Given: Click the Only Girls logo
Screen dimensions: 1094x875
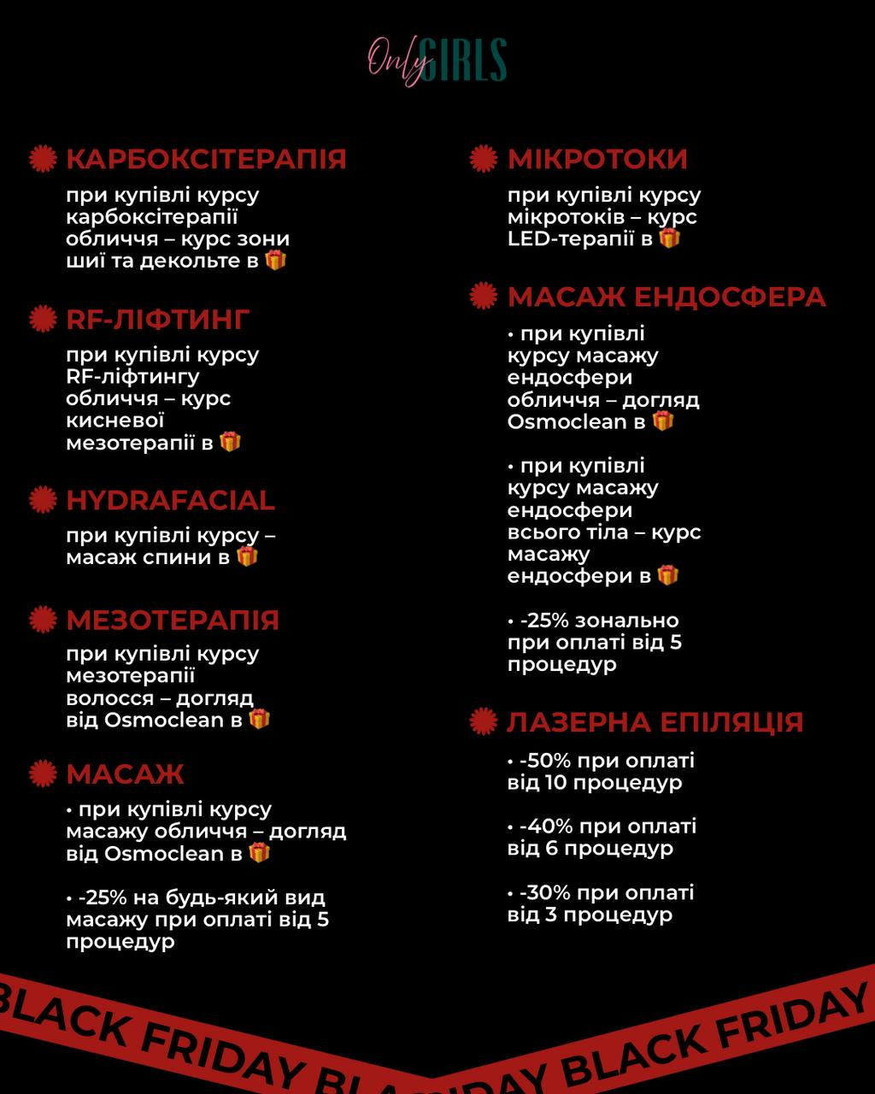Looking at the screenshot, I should click(x=437, y=61).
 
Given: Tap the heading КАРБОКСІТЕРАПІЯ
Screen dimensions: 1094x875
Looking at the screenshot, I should click(x=206, y=159).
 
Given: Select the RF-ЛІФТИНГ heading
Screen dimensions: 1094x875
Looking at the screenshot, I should click(x=158, y=319).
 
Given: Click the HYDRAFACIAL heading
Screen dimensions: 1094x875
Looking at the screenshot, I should click(x=171, y=500).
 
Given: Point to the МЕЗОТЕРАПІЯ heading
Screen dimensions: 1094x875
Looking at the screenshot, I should click(x=173, y=620).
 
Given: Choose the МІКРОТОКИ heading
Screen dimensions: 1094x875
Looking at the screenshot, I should click(x=597, y=159).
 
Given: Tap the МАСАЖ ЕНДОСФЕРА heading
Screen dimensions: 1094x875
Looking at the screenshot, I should click(x=667, y=297).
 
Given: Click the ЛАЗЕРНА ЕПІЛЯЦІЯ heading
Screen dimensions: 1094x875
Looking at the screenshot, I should click(x=655, y=722).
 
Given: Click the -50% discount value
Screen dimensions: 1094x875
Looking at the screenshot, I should click(x=543, y=761).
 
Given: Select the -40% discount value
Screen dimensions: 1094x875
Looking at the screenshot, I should click(x=543, y=826).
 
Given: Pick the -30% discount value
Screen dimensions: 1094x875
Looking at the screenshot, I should click(x=543, y=893).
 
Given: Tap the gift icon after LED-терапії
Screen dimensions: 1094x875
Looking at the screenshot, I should click(x=670, y=238).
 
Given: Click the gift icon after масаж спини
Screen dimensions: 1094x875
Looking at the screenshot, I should click(x=247, y=556).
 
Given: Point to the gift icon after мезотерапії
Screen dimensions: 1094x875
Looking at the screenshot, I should click(x=230, y=442).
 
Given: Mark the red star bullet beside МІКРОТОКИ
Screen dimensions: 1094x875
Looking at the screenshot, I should click(x=484, y=159).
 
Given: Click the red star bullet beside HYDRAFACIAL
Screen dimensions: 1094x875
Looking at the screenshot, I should click(x=43, y=500).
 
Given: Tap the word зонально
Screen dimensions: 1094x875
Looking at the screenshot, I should click(x=627, y=621).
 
